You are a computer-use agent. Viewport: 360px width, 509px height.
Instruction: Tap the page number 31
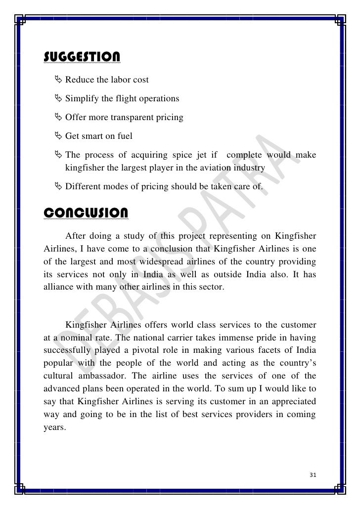pos(312,475)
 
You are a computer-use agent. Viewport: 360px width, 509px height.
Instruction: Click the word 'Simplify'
pos(82,98)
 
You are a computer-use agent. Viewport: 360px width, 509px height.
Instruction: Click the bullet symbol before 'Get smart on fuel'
pos(58,136)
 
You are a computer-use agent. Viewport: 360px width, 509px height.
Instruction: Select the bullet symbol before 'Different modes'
pos(58,187)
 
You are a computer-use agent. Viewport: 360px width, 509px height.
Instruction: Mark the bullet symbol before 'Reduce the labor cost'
pos(58,79)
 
